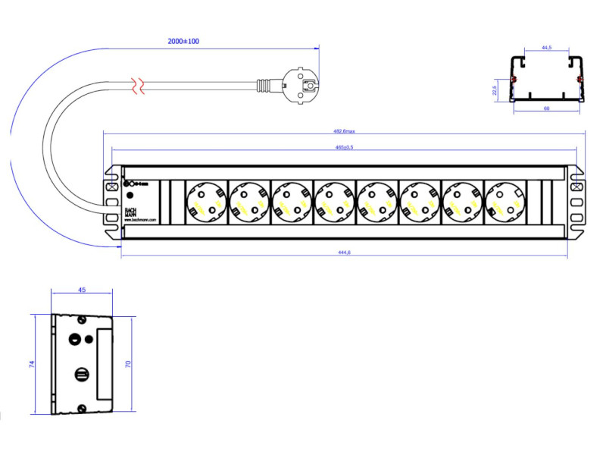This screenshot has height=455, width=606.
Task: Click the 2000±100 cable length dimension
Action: coord(183,41)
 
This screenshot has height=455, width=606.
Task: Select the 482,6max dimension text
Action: coord(344,131)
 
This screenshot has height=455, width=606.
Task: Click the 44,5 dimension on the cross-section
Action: coord(546,48)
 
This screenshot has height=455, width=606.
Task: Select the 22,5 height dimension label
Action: coord(495,90)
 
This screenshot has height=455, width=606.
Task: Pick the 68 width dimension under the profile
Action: coord(546,108)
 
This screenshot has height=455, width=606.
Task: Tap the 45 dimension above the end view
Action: coord(81,289)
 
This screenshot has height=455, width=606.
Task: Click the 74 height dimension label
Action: coord(32,364)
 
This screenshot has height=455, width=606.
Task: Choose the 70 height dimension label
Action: coord(128,365)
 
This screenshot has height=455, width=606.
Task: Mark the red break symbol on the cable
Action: coord(138,85)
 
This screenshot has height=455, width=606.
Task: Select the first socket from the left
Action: coord(205,202)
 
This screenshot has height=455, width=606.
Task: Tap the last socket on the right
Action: coord(504,202)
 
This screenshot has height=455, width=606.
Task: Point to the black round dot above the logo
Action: coord(129,196)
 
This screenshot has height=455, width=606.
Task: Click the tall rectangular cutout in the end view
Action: coord(105,363)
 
